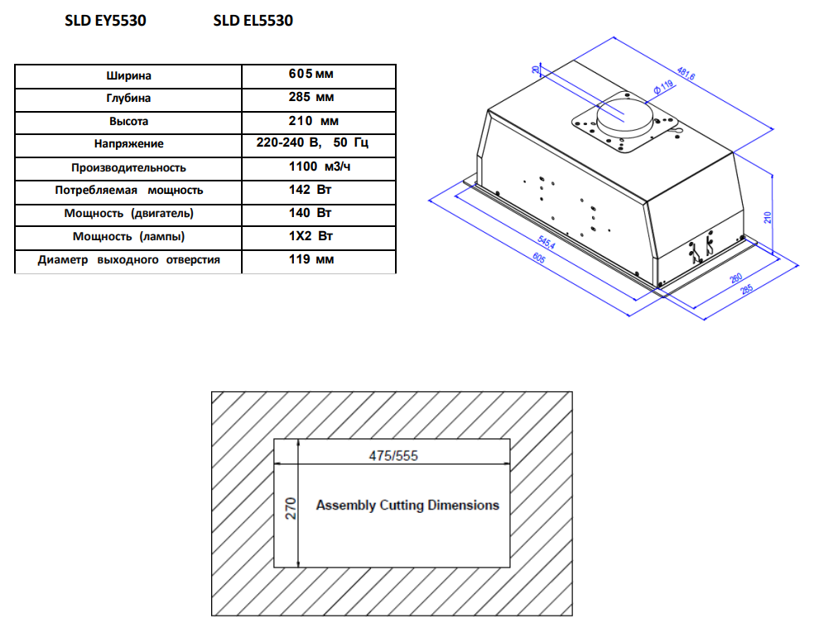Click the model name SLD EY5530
[105, 22]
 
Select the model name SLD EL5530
[253, 22]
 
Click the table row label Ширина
[128, 75]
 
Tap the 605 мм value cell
[311, 75]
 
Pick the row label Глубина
[128, 98]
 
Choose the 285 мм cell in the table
[311, 98]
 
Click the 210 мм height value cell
[311, 121]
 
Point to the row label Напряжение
[128, 144]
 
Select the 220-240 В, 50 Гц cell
[312, 143]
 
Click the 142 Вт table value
[311, 190]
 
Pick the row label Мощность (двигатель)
[128, 213]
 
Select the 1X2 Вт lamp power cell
[311, 236]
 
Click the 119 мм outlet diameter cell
[311, 259]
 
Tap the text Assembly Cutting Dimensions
[407, 505]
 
